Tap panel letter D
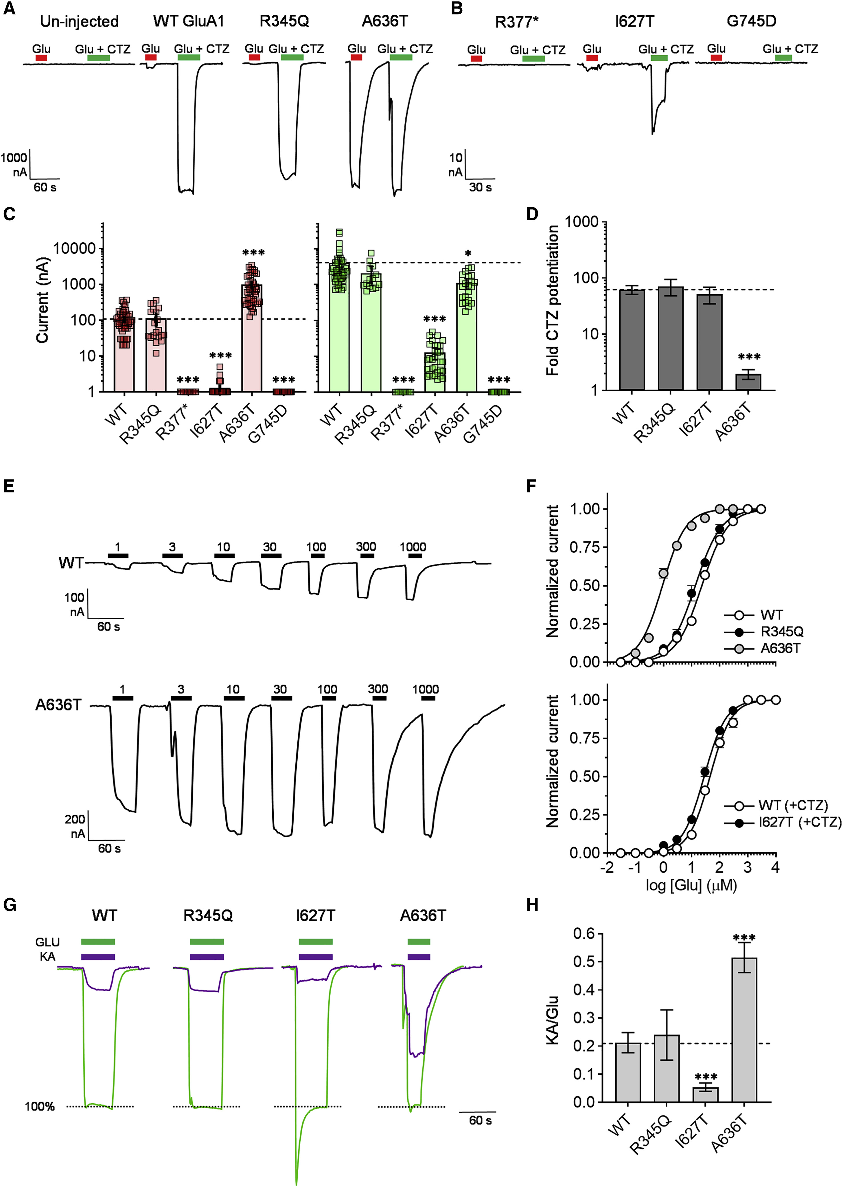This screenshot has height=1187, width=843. tap(532, 213)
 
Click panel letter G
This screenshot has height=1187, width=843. tap(9, 905)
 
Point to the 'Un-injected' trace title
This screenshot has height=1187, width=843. tap(80, 21)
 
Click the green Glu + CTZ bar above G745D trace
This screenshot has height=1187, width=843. tap(783, 58)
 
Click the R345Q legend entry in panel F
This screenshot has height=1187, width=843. tap(782, 632)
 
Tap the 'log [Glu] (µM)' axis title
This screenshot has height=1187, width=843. tap(691, 885)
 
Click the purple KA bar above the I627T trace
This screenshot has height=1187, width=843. tap(315, 957)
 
